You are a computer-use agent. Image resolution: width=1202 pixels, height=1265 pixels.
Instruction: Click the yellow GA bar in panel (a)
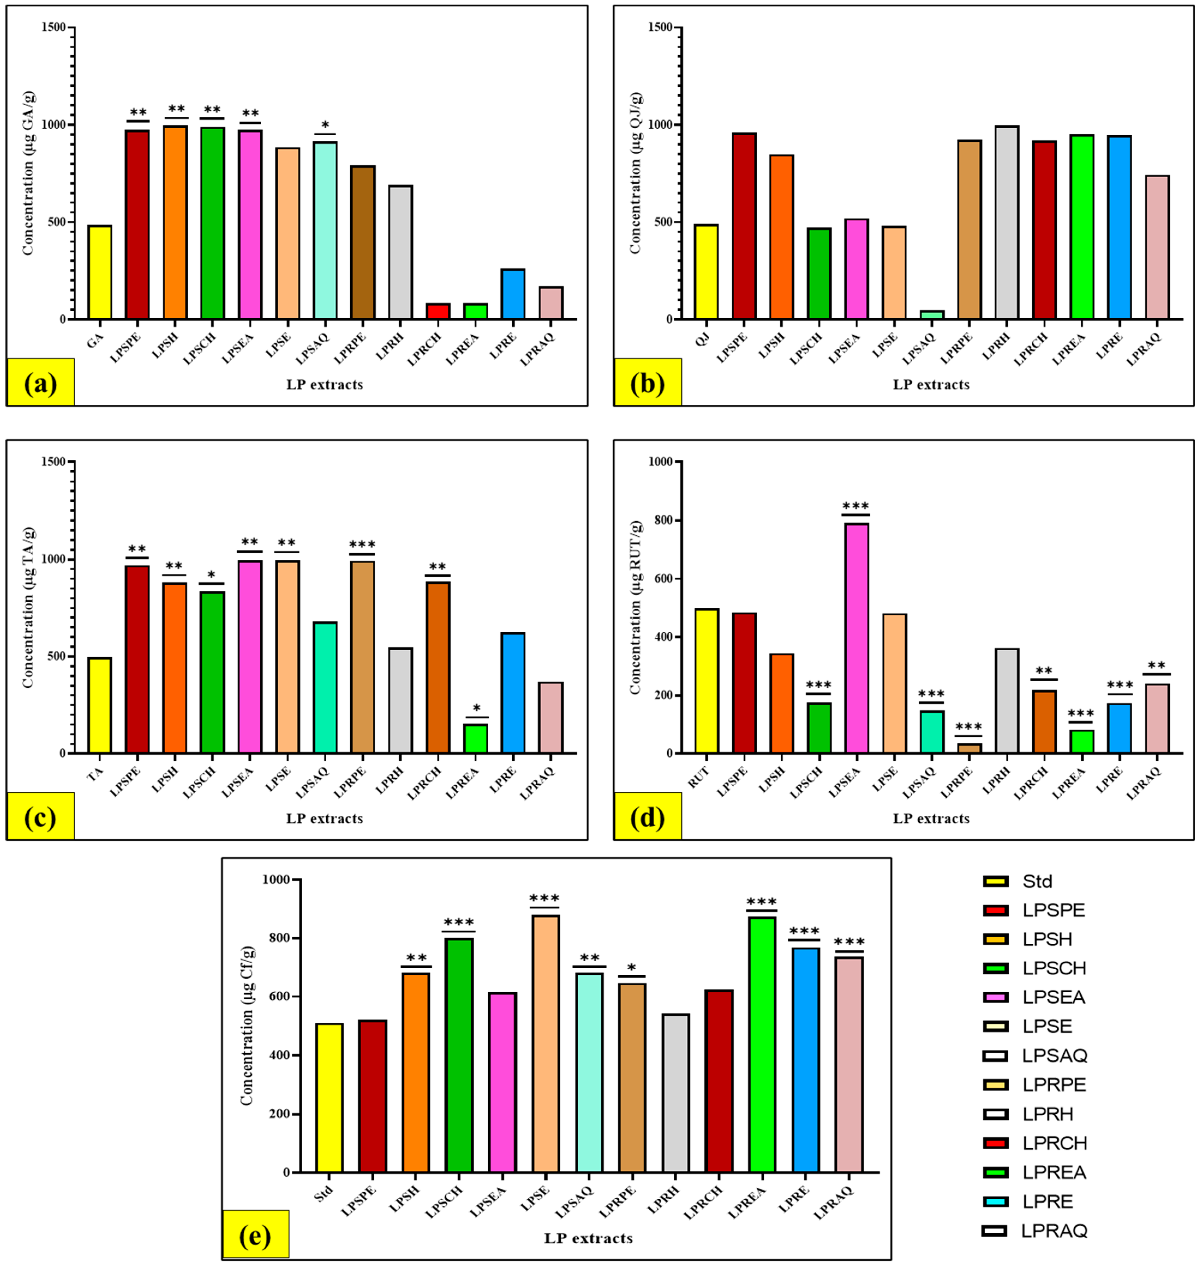100,272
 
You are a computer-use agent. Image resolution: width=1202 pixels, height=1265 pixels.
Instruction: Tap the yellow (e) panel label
255,1236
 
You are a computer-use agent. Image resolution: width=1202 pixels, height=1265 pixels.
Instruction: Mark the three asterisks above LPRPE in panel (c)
362,544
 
